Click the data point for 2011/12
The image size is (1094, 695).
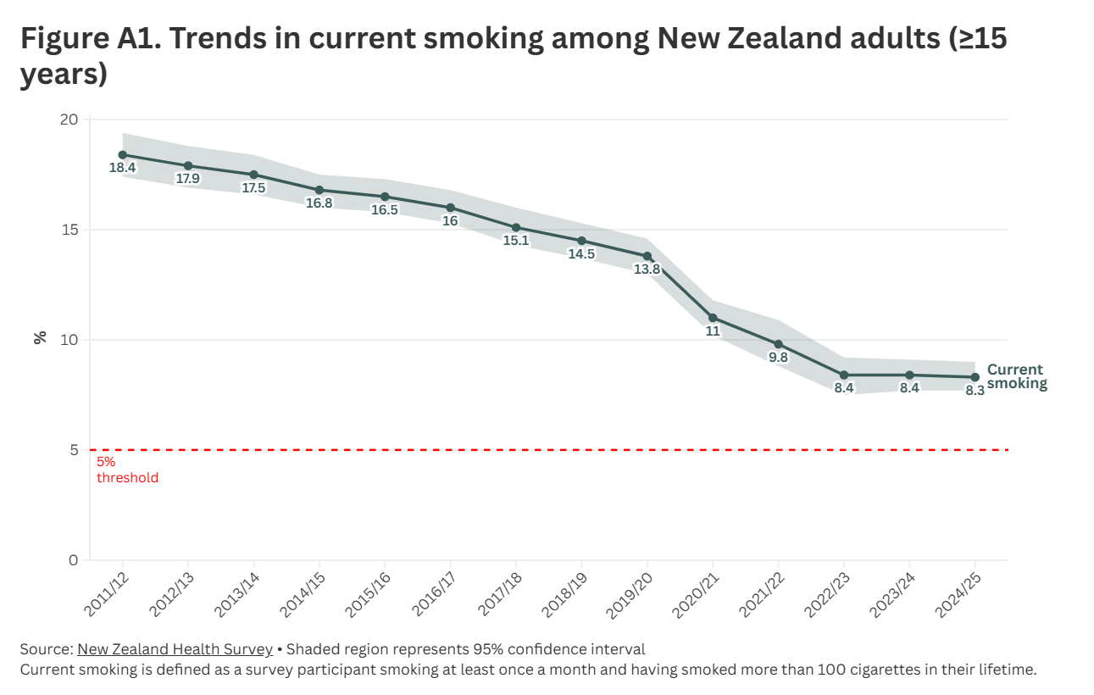pyautogui.click(x=123, y=155)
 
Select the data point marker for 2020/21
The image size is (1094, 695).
pyautogui.click(x=713, y=318)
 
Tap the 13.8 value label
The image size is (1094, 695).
pyautogui.click(x=647, y=270)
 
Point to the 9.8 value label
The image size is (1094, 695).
pyautogui.click(x=778, y=358)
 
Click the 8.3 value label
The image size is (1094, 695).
pyautogui.click(x=975, y=391)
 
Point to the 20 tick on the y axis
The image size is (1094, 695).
pyautogui.click(x=69, y=120)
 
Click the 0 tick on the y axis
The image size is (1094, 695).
pyautogui.click(x=73, y=560)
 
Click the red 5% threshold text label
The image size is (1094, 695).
pyautogui.click(x=127, y=470)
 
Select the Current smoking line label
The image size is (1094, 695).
pyautogui.click(x=1016, y=376)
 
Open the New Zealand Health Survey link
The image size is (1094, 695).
pyautogui.click(x=175, y=650)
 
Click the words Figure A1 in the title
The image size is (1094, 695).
pyautogui.click(x=82, y=39)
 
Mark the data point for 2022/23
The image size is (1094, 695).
pyautogui.click(x=844, y=375)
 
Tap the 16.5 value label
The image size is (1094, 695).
pyautogui.click(x=385, y=210)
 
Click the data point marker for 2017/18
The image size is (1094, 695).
pyautogui.click(x=516, y=227)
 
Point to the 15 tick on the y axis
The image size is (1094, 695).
pyautogui.click(x=69, y=230)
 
